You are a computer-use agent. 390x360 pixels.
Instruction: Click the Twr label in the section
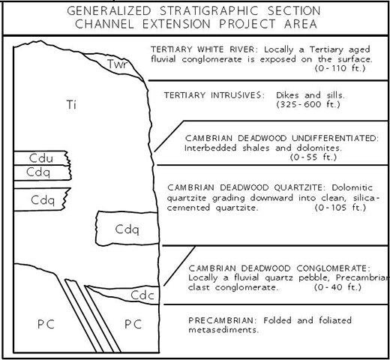click(x=117, y=64)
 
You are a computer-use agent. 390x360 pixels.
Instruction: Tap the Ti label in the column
click(x=71, y=104)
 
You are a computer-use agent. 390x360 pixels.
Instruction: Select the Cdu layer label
click(x=41, y=158)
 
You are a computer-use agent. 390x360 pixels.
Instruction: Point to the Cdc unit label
click(x=142, y=295)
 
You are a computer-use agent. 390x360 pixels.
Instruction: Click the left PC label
click(x=46, y=325)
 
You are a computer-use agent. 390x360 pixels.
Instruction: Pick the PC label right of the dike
click(x=133, y=325)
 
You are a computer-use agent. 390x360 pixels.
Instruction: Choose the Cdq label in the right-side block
click(x=127, y=229)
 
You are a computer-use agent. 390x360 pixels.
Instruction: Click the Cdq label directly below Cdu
click(x=38, y=172)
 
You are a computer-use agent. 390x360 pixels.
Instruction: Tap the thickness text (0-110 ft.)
click(x=340, y=68)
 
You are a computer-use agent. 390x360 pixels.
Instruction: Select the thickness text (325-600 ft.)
click(x=308, y=104)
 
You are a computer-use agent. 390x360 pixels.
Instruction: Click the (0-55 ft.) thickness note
click(x=313, y=157)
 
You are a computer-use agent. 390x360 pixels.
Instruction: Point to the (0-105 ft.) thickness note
click(x=340, y=208)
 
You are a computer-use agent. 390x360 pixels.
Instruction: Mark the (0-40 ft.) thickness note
click(x=337, y=287)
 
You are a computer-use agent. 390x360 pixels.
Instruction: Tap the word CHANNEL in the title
click(x=104, y=24)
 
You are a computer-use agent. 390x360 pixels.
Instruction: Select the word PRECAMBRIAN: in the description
click(x=221, y=320)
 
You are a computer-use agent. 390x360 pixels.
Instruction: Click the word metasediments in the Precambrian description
click(x=223, y=330)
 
